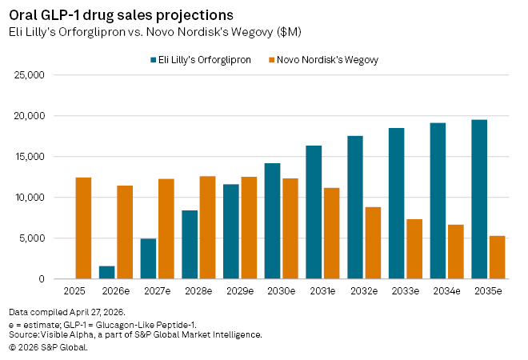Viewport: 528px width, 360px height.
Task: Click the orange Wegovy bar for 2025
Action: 83,228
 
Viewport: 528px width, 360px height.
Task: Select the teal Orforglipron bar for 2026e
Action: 107,272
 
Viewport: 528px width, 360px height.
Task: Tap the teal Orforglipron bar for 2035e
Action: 479,199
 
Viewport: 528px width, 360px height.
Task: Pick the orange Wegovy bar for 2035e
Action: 497,257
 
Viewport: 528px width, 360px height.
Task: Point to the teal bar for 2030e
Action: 273,221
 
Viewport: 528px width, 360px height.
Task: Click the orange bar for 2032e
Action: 373,242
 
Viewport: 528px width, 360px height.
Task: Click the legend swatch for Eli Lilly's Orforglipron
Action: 153,60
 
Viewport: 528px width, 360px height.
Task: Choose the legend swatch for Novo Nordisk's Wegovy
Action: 271,60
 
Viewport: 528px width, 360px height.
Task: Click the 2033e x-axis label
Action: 405,290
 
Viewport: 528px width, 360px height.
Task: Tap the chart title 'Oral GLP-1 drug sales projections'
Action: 121,15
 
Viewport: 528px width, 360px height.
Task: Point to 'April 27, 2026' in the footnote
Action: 93,311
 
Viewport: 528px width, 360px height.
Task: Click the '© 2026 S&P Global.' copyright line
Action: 48,346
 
